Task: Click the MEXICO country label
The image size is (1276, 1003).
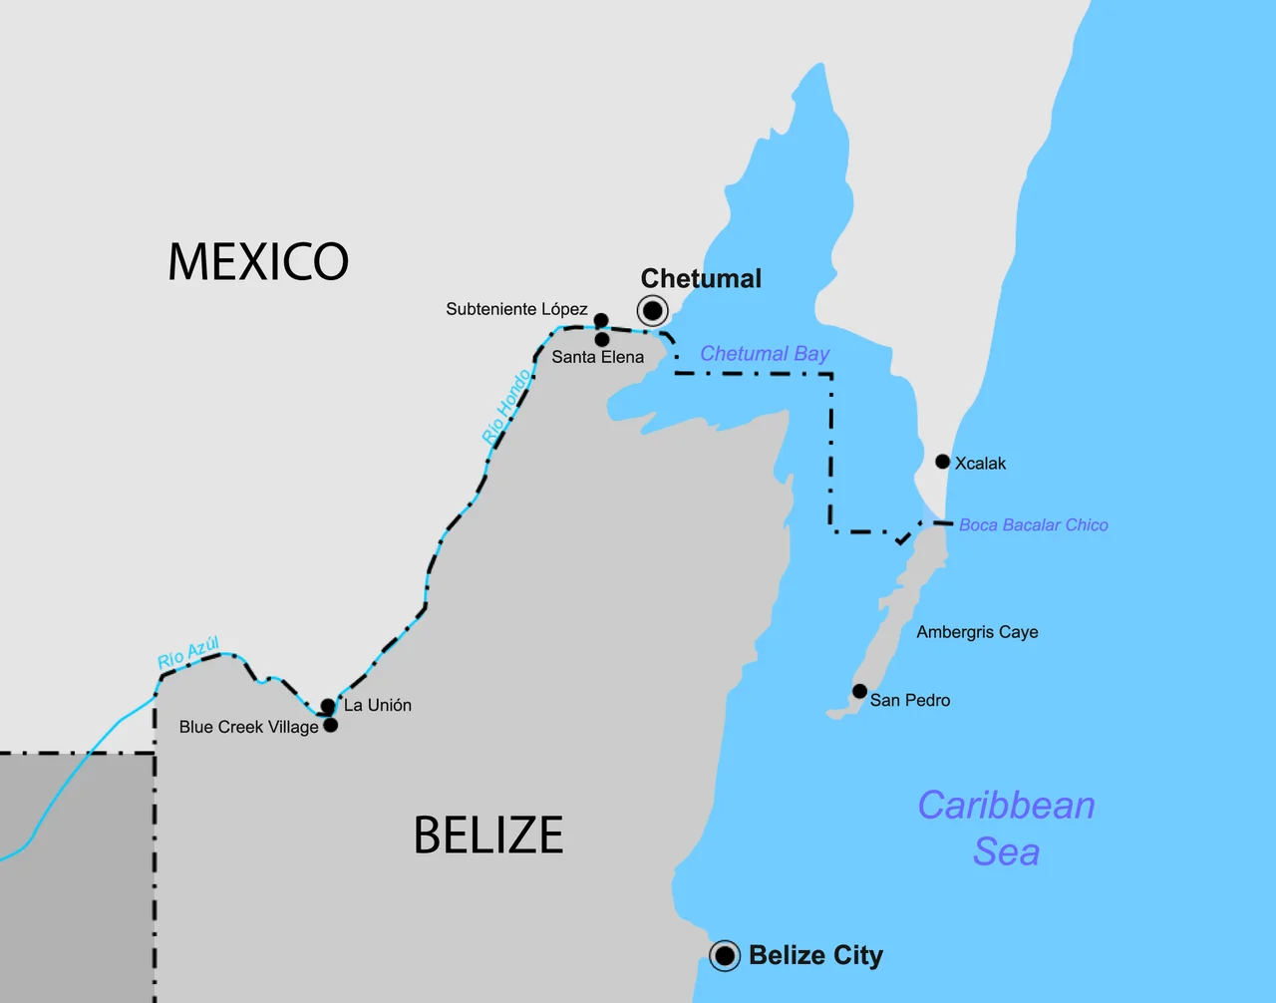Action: point(258,262)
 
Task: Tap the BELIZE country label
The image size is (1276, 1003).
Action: point(488,836)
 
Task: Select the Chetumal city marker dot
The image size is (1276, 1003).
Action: point(652,311)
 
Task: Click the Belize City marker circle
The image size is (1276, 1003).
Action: point(725,956)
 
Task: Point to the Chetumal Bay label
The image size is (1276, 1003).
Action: point(765,354)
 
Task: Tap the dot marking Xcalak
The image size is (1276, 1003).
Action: point(942,462)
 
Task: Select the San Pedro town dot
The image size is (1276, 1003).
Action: point(859,691)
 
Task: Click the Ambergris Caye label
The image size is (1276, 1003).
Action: point(977,632)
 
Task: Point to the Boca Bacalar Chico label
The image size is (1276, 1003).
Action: point(1033,525)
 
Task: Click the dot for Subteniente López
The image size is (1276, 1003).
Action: point(601,320)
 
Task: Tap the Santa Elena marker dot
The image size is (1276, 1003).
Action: point(602,340)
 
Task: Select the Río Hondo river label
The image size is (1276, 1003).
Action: point(506,407)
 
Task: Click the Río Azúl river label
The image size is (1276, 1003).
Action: point(188,653)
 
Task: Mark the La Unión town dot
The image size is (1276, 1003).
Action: point(328,706)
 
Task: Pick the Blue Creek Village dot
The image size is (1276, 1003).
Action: point(331,725)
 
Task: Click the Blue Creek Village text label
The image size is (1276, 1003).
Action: point(248,727)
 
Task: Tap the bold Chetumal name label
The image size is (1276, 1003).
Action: point(701,279)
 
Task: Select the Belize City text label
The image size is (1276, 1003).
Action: point(815,956)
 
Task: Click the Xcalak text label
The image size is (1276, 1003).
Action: point(980,464)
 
